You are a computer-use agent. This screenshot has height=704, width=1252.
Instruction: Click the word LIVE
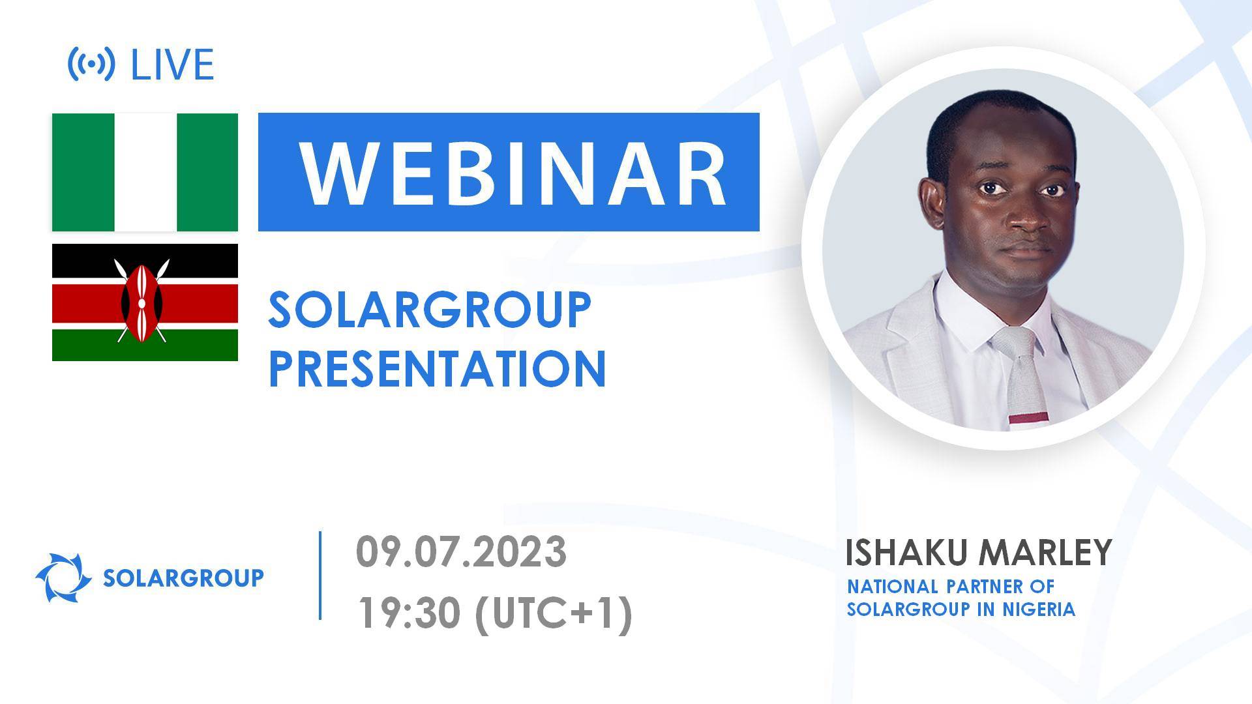pos(172,65)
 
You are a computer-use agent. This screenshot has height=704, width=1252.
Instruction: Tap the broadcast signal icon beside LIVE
pos(92,64)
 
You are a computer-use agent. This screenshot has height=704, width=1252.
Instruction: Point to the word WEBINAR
pos(513,172)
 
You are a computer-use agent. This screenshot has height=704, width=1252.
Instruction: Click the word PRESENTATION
pos(437,369)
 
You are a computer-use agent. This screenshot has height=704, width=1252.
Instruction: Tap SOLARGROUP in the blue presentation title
pos(429,310)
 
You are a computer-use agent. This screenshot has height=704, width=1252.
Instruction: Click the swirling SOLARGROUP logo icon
pos(63,578)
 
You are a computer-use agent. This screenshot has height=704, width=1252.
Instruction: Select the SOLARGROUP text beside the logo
pos(183,578)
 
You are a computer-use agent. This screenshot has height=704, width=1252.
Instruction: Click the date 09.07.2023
pos(461,553)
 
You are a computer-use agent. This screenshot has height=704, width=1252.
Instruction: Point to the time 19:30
pos(409,613)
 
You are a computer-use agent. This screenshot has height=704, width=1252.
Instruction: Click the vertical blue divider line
pos(320,575)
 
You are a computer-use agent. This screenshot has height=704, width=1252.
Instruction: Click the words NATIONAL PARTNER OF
pos(950,586)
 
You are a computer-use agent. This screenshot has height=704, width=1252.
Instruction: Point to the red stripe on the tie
pos(1029,418)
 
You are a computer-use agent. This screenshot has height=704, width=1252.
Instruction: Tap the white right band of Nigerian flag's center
pos(145,172)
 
